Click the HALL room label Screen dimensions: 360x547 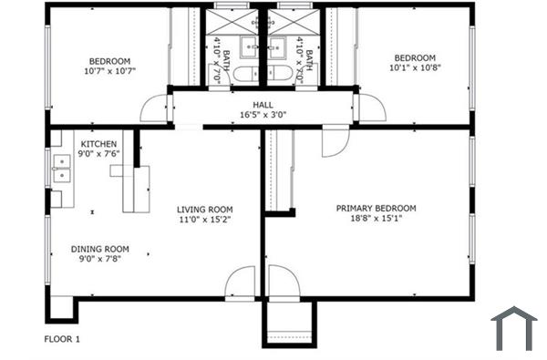263,105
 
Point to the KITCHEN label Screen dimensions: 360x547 98,144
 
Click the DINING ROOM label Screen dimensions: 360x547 100,249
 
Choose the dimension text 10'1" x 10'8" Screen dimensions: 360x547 414,67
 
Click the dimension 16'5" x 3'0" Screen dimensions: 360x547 263,116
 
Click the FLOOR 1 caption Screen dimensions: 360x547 63,339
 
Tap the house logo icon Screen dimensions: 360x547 514,328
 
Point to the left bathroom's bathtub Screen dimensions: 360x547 246,75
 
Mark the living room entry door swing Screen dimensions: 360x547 243,283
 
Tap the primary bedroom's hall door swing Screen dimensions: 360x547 334,139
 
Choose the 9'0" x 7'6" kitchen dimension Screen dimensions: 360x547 98,154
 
